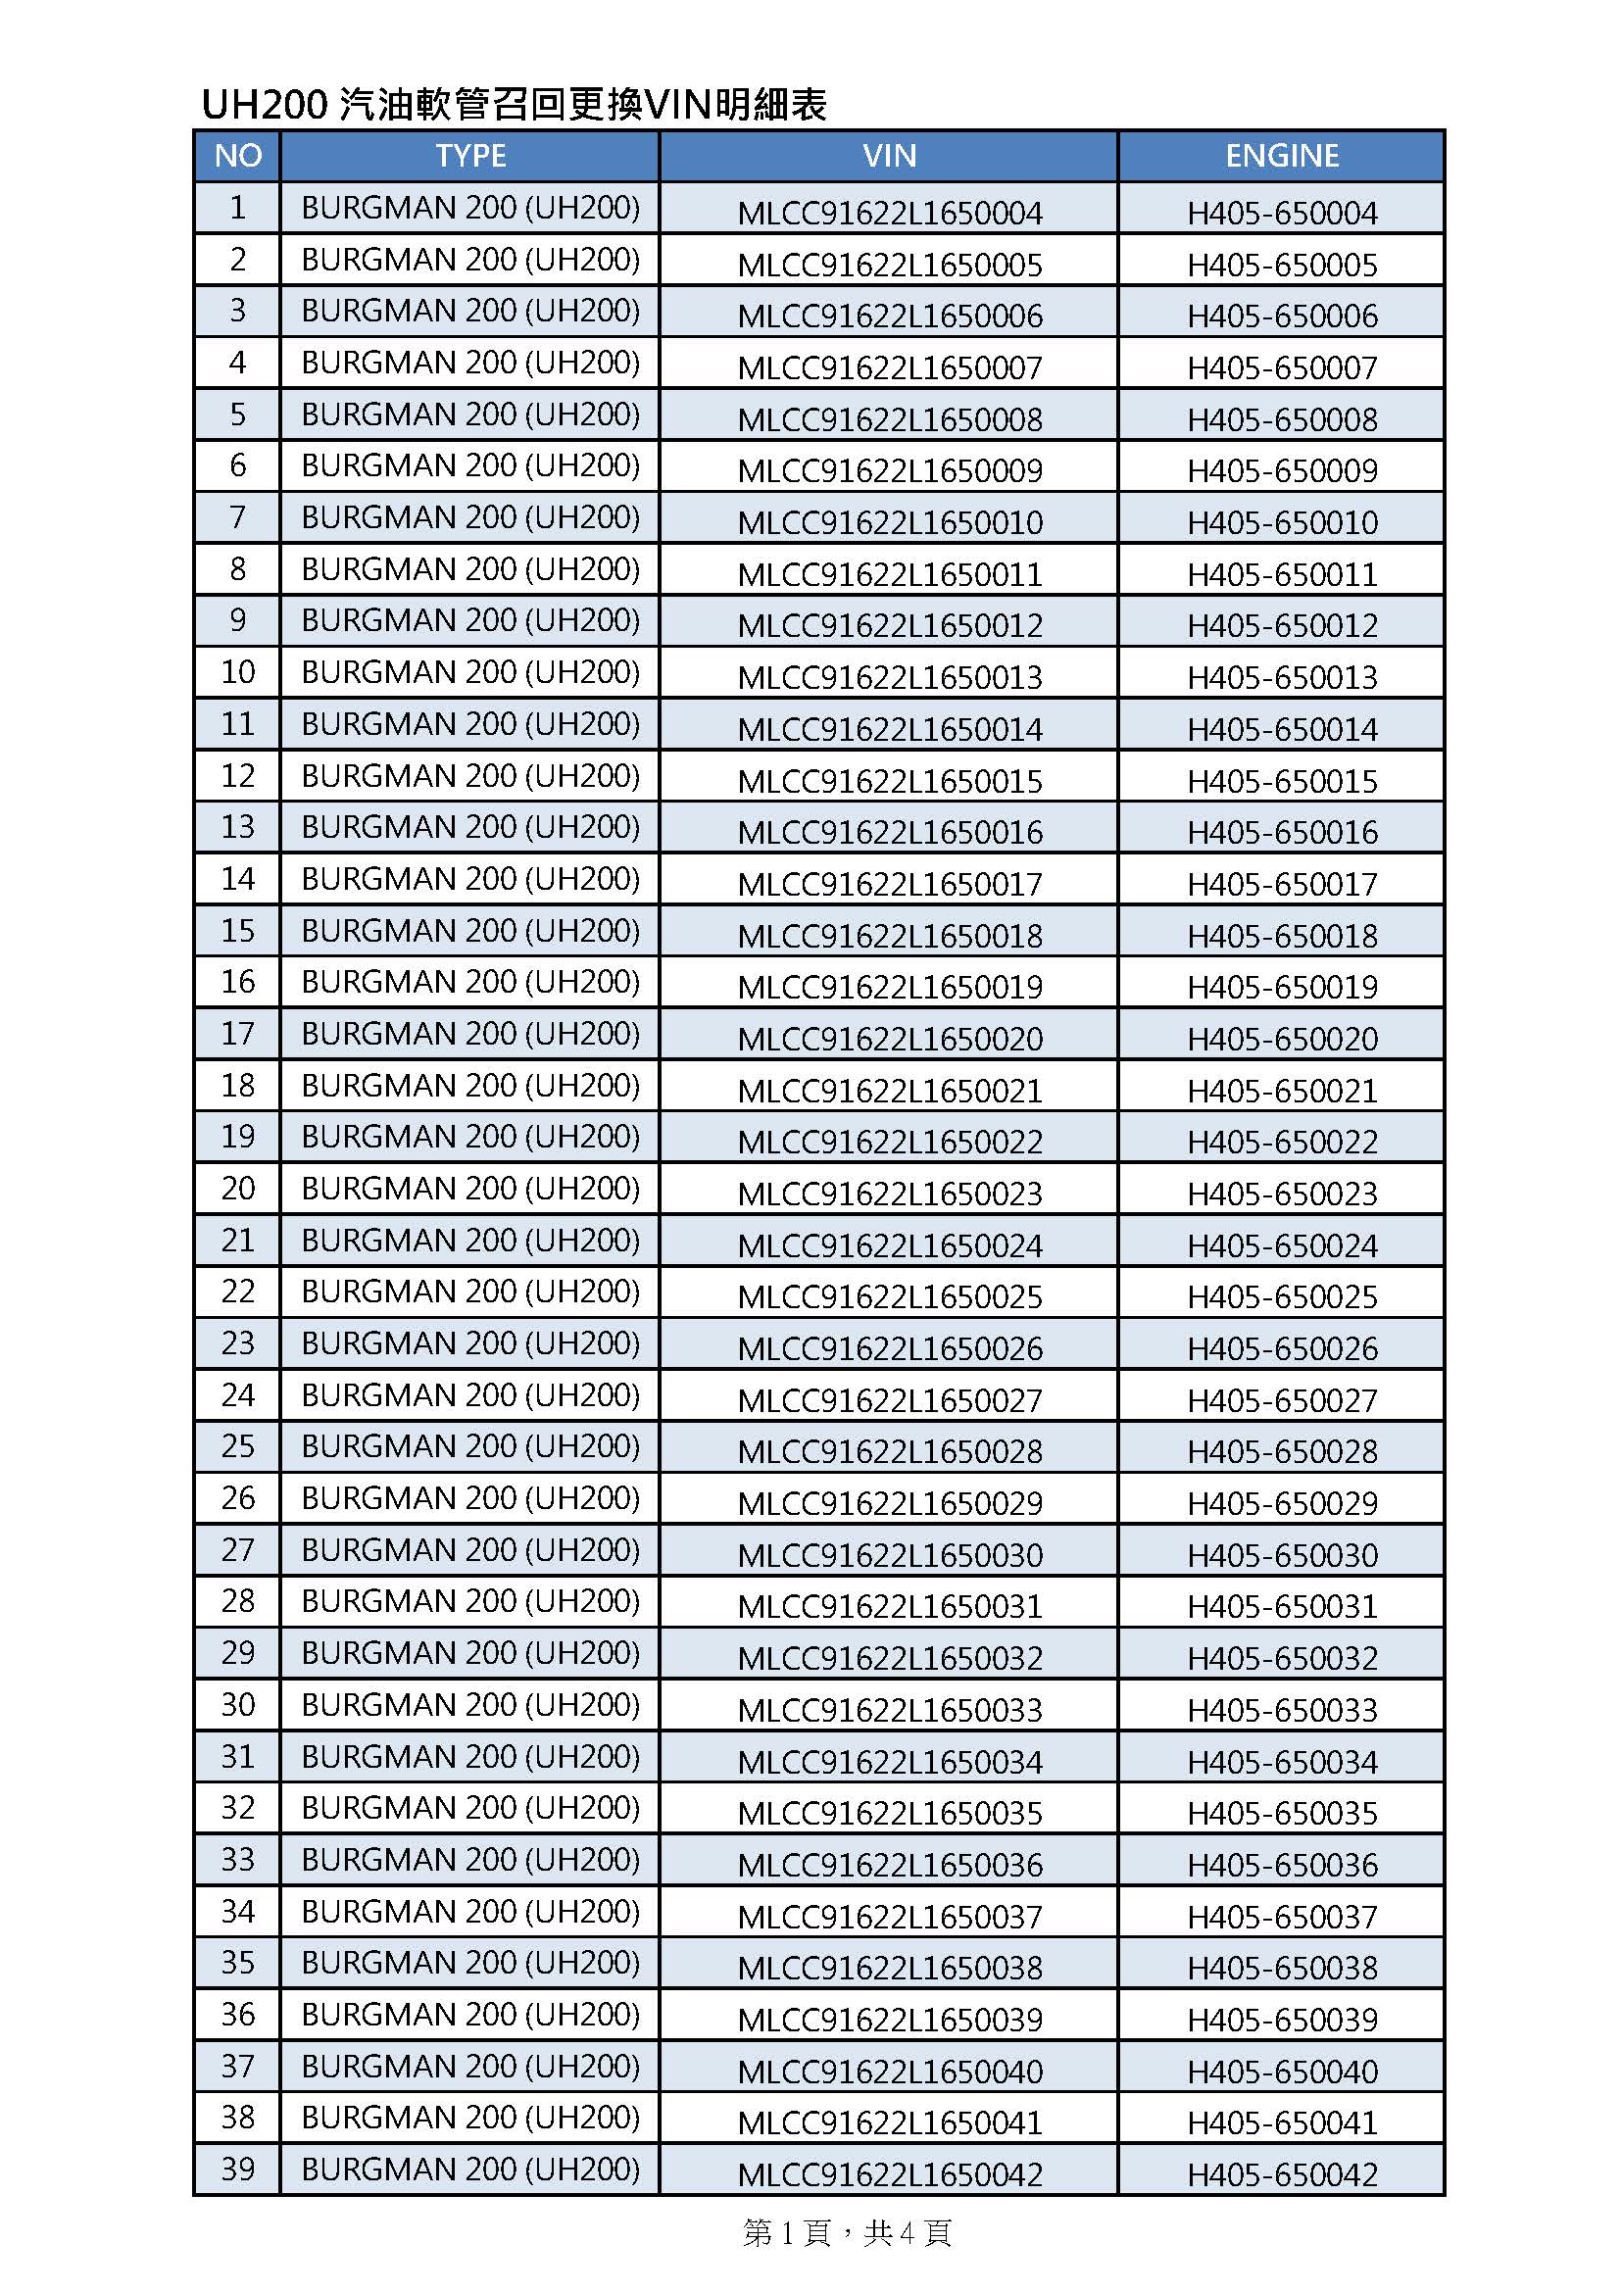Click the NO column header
coord(237,156)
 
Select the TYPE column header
coord(470,156)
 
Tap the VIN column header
coord(888,156)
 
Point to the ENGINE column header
coord(1282,156)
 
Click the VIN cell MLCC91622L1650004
coord(889,213)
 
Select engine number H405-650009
coord(1282,470)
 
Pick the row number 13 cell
coord(237,827)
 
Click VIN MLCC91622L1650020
coord(889,1039)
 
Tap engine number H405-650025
coord(1282,1296)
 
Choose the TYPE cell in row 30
coord(470,1704)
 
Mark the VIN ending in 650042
coord(889,2174)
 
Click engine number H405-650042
coord(1282,2174)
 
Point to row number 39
coord(237,2169)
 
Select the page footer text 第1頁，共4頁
coord(847,2233)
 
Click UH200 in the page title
coord(265,105)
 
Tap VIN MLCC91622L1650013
coord(889,677)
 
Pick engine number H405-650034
coord(1282,1762)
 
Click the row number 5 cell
coord(237,414)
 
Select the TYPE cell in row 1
coord(470,208)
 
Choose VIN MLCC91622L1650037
coord(889,1917)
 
